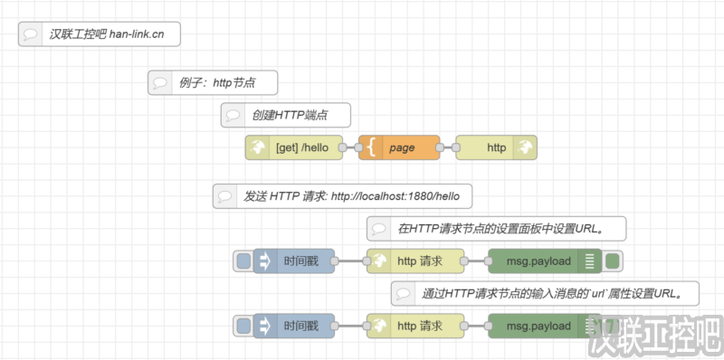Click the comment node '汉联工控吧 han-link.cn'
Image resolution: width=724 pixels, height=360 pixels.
tap(99, 34)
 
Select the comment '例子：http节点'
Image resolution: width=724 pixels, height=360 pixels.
tap(213, 83)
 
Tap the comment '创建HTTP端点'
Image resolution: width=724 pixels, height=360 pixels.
tap(285, 116)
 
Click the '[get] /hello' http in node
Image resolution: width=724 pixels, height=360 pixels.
tap(294, 147)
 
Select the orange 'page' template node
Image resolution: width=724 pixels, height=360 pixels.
tap(400, 147)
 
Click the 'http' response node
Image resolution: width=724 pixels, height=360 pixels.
tap(497, 147)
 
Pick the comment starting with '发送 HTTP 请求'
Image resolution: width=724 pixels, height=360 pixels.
tap(343, 196)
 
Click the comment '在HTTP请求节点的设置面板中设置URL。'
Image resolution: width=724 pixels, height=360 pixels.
tap(497, 229)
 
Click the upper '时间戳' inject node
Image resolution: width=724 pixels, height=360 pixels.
tap(294, 261)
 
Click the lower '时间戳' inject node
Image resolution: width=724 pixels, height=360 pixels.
tap(294, 326)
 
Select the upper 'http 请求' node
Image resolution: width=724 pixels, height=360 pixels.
tap(415, 261)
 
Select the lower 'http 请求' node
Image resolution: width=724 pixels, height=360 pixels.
tap(415, 326)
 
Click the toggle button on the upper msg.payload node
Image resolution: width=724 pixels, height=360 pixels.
tap(613, 261)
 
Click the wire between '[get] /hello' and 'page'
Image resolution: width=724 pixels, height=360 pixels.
tap(350, 147)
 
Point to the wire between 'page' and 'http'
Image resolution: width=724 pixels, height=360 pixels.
tap(448, 147)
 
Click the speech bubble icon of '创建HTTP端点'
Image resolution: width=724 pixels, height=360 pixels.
tap(233, 116)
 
